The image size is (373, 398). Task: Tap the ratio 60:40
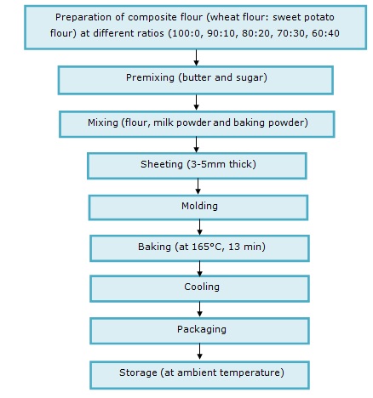coord(325,33)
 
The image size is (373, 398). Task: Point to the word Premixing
coord(150,78)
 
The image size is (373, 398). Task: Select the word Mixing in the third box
coord(103,122)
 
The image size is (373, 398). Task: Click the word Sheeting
coord(162,164)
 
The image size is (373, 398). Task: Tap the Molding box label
coord(199,206)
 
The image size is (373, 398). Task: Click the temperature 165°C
coord(206,247)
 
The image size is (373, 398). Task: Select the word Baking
coord(154,247)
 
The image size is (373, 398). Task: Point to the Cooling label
coord(202,287)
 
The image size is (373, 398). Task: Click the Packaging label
coord(202,329)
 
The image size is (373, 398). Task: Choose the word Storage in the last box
coord(138,372)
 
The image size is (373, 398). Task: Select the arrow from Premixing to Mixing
coord(196,102)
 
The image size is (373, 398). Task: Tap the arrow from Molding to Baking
coord(199,227)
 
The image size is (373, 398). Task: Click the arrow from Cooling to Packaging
coord(199,309)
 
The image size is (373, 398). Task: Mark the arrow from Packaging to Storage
coord(199,351)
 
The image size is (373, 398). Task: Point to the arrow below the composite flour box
coord(196,58)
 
